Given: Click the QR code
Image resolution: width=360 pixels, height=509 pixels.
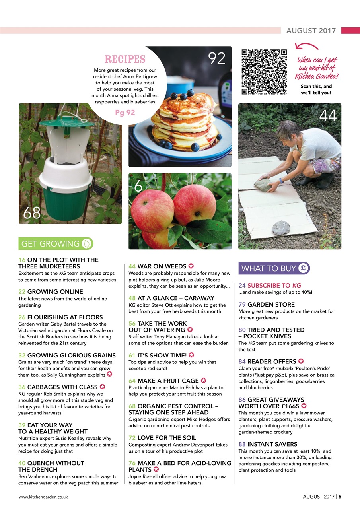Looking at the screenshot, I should coord(264,72).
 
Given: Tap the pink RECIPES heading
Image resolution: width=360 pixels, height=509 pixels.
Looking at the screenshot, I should coord(125,60).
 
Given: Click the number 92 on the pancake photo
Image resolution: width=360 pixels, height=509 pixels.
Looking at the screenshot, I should coord(217,58).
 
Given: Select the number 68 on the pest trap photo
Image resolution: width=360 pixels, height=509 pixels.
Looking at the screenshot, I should coord(32,213).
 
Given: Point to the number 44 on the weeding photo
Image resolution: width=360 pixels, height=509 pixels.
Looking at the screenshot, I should coord(328,116).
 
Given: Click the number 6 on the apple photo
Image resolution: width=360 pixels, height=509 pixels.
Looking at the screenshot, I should coord(138,186).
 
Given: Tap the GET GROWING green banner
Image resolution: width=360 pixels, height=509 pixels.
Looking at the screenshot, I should coord(56,243).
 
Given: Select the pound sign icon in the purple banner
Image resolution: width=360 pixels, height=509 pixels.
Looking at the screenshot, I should coord(303,268).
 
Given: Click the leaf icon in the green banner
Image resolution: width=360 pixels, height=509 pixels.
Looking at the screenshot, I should coord(86,243).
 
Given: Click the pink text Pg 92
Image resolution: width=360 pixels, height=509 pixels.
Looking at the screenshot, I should coord(125,113).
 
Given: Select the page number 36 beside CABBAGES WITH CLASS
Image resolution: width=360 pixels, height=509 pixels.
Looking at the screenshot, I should coord(22,387).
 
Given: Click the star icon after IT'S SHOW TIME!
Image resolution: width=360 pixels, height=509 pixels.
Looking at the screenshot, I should coord(191,355).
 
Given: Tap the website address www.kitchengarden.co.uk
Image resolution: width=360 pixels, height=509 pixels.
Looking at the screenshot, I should coord(43,497).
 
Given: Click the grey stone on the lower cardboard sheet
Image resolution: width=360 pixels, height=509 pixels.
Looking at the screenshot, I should coord(281,228).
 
